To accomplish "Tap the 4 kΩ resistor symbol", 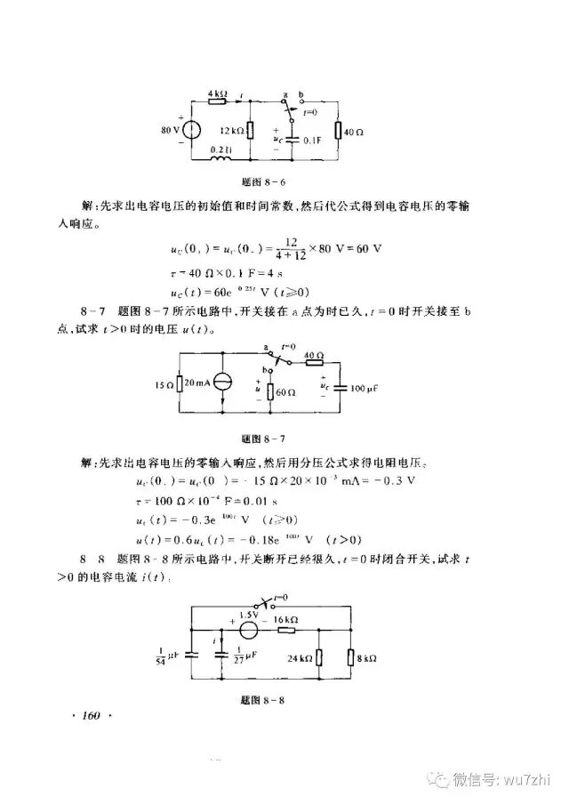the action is pos(218,102).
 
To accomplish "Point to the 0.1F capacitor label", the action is pos(312,141).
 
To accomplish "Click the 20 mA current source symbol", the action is pos(221,383).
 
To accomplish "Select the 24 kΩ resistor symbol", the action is pos(319,659).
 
